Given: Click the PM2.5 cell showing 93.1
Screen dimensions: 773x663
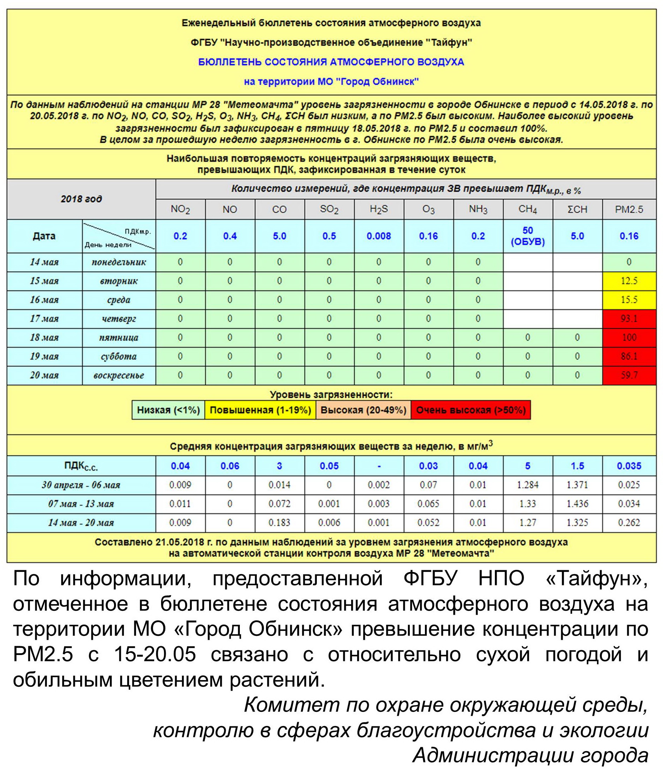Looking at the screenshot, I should [629, 319].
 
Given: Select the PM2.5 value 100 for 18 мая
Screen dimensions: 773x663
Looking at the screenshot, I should [629, 338].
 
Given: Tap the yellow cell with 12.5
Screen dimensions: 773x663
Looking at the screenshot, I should [629, 281].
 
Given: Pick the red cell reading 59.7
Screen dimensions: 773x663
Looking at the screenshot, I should [629, 375].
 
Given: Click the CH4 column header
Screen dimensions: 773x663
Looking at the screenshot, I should [527, 209].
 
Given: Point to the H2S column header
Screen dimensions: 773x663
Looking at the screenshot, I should [378, 209].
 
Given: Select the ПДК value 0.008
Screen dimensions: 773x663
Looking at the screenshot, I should [378, 236].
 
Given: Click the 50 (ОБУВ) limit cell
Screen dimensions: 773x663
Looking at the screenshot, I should [527, 236].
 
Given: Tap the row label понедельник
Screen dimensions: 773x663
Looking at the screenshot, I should [119, 262].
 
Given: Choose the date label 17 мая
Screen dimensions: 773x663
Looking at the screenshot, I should [45, 319].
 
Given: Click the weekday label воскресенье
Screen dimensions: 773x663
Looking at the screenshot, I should [119, 375].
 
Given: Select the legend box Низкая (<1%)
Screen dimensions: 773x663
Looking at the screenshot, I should [168, 410].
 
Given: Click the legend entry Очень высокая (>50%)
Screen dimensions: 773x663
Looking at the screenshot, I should [470, 410].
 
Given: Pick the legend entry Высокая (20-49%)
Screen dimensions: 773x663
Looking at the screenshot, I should [363, 410].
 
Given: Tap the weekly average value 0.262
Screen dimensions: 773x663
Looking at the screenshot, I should [629, 523].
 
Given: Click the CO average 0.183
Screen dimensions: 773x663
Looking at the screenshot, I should [279, 523].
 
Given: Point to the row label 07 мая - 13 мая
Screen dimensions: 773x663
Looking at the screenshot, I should [81, 504].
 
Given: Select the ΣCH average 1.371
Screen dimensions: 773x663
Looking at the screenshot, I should [577, 485].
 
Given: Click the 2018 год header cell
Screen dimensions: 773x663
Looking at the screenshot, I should [81, 199].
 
